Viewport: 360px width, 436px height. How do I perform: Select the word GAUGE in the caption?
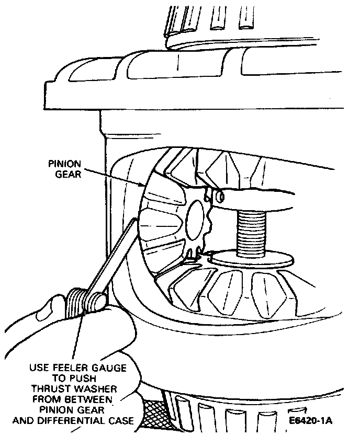coord(109,368)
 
